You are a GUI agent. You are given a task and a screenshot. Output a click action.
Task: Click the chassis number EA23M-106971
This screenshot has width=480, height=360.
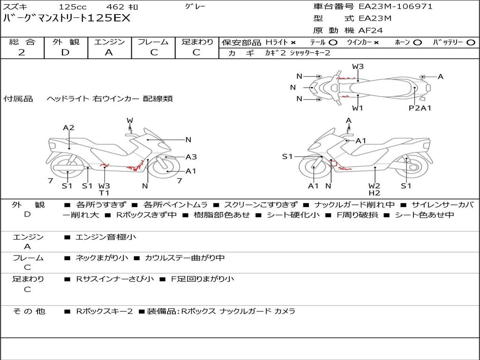pyautogui.click(x=395, y=7)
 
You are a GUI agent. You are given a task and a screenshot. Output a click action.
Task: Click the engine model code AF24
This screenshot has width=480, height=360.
pyautogui.click(x=371, y=30)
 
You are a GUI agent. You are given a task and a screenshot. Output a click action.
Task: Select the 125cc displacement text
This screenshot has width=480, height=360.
pyautogui.click(x=72, y=7)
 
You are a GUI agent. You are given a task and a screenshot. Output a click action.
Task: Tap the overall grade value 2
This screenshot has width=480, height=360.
pyautogui.click(x=22, y=52)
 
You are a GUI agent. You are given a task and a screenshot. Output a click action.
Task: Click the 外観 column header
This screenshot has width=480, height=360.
pyautogui.click(x=66, y=42)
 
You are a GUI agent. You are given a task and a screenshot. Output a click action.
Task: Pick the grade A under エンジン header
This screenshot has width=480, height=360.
pyautogui.click(x=109, y=52)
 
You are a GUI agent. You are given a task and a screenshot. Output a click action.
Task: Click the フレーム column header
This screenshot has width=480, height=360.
pyautogui.click(x=153, y=42)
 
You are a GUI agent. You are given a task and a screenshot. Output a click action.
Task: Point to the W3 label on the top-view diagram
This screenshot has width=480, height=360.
pyautogui.click(x=358, y=67)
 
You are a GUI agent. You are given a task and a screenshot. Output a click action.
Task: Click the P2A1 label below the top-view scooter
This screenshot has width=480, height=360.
pyautogui.click(x=420, y=108)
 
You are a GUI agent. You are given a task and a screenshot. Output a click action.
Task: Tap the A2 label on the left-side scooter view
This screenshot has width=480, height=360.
pyautogui.click(x=68, y=127)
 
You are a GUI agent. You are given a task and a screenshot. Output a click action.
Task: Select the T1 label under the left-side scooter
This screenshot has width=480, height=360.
pyautogui.click(x=104, y=193)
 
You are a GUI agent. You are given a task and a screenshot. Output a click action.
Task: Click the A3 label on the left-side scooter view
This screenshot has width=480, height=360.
pyautogui.click(x=191, y=157)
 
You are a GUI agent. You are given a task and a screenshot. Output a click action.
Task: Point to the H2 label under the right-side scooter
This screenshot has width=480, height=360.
pyautogui.click(x=374, y=193)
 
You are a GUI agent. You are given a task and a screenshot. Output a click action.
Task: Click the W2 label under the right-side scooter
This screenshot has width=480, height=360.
pyautogui.click(x=374, y=186)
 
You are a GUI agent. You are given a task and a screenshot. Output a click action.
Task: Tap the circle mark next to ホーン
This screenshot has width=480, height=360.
pyautogui.click(x=417, y=42)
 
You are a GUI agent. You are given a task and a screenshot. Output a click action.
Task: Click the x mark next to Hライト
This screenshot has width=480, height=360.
pyautogui.click(x=293, y=42)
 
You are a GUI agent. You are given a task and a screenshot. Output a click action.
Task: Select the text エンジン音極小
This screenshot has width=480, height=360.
pyautogui.click(x=106, y=237)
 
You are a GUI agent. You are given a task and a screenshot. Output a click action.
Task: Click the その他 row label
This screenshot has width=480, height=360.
pyautogui.click(x=29, y=311)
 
